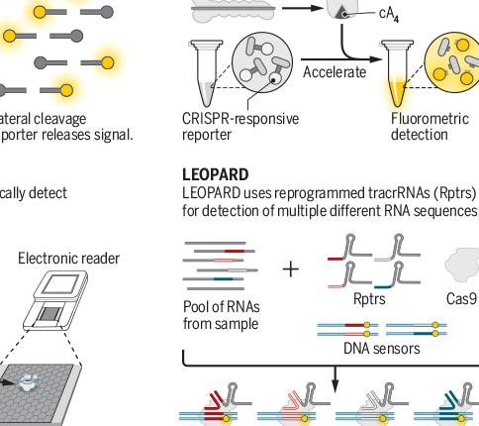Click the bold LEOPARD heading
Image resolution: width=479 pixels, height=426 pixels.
pos(216,174)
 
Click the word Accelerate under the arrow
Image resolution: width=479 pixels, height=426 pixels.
pos(334,72)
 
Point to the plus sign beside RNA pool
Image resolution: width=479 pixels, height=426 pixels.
pos(290,267)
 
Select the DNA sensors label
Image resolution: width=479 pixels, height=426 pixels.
pos(381,348)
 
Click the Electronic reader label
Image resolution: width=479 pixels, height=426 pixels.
pos(69,259)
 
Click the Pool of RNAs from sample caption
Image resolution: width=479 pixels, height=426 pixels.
pos(221,315)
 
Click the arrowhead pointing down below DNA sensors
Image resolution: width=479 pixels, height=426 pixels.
pos(335,384)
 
